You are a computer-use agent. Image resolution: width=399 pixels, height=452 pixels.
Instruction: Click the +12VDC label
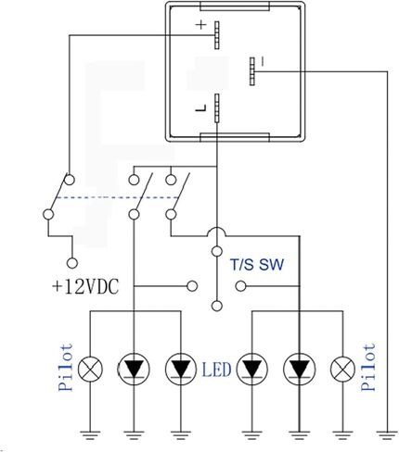(x=85, y=287)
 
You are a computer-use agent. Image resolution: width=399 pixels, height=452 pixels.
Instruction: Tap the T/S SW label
(x=257, y=265)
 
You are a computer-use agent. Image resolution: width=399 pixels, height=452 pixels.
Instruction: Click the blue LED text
(x=216, y=370)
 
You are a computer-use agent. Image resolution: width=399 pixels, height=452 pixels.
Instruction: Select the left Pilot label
(x=66, y=367)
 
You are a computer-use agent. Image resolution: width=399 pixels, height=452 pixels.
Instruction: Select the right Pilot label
(x=368, y=367)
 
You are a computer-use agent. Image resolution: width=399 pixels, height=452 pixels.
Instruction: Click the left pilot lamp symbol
(x=90, y=369)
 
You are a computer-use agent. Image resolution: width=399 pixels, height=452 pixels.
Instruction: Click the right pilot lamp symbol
(x=342, y=369)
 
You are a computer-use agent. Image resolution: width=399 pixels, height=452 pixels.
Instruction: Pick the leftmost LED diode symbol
(x=134, y=370)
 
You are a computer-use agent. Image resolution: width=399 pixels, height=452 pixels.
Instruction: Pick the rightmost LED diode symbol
(x=299, y=370)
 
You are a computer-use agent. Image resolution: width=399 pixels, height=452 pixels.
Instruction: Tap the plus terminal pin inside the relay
(x=217, y=35)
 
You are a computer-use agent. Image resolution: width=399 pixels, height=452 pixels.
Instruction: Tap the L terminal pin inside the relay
(x=217, y=108)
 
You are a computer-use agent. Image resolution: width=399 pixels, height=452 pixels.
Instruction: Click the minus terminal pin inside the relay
(x=252, y=71)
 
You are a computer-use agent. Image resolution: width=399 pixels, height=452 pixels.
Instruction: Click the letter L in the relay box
(x=200, y=108)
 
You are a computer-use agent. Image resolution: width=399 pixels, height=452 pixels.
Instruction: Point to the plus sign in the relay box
(x=201, y=24)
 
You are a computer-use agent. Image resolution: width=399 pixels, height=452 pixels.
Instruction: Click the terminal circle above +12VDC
(x=72, y=263)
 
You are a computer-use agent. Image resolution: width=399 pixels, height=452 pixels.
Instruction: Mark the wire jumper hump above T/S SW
(x=217, y=232)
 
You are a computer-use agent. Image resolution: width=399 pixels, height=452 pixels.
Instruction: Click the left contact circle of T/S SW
(x=192, y=286)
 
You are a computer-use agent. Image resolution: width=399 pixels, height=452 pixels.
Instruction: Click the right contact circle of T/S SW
(x=240, y=286)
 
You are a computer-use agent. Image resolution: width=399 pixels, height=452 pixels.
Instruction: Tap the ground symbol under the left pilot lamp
(x=90, y=435)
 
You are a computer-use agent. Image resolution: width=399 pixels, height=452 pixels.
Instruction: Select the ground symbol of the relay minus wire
(x=387, y=435)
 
